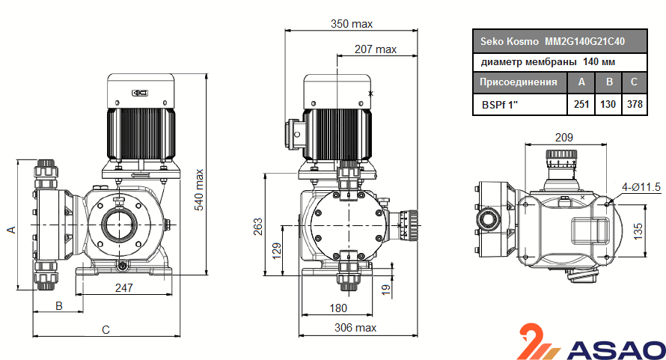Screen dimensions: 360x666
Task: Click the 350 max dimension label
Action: tap(352, 24)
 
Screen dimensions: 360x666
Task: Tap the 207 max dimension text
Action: tap(376, 49)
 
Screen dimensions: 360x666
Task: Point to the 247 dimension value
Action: tap(124, 287)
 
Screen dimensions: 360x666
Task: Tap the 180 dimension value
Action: tap(339, 308)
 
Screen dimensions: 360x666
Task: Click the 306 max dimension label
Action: tap(355, 328)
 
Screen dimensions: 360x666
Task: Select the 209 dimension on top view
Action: tap(564, 137)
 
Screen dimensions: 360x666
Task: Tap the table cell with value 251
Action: tap(581, 104)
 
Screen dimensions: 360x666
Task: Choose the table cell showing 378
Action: tap(635, 104)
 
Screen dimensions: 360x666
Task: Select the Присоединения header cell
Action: tap(518, 82)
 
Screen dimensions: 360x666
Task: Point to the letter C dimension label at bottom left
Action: tap(106, 329)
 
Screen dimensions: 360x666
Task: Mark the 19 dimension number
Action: tap(386, 289)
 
